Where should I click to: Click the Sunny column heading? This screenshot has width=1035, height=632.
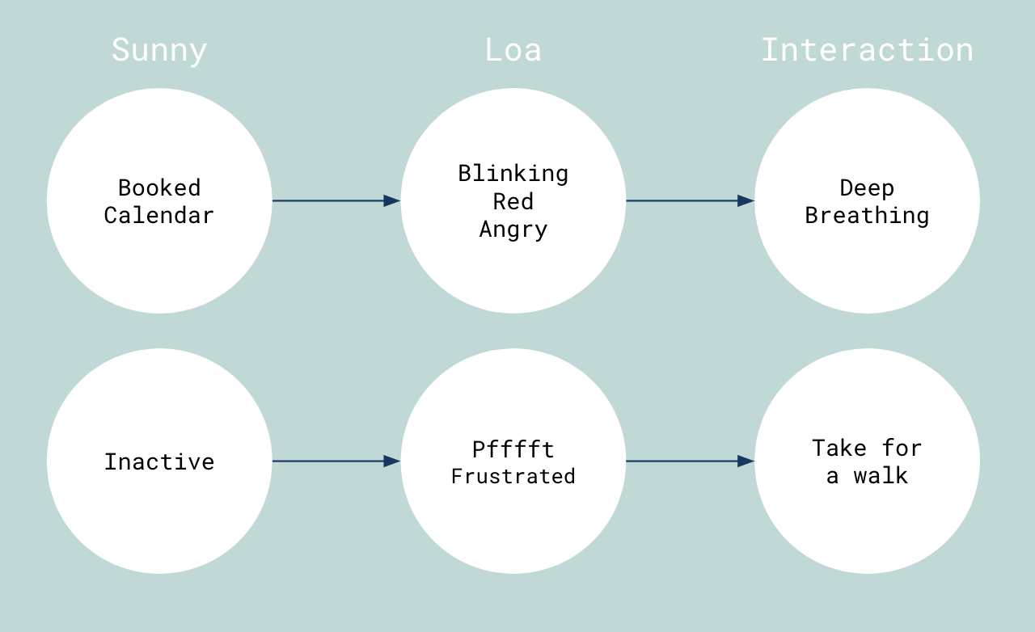pyautogui.click(x=159, y=51)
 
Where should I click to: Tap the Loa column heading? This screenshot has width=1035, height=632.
pyautogui.click(x=513, y=50)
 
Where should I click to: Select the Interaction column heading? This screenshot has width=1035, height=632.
pyautogui.click(x=868, y=50)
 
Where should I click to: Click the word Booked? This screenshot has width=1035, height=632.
pyautogui.click(x=159, y=188)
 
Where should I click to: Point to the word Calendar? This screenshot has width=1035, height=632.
pyautogui.click(x=159, y=216)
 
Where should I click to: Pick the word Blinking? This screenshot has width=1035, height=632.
pyautogui.click(x=513, y=175)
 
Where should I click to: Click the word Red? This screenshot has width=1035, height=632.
pyautogui.click(x=513, y=202)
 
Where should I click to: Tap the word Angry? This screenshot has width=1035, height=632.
pyautogui.click(x=513, y=230)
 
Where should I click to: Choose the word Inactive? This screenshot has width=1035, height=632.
pyautogui.click(x=159, y=462)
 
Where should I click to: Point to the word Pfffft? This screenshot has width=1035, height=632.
pyautogui.click(x=513, y=449)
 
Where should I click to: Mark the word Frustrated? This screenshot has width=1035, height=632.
pyautogui.click(x=513, y=476)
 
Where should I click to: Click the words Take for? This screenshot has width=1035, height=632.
pyautogui.click(x=868, y=448)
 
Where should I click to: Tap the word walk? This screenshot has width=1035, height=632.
pyautogui.click(x=881, y=476)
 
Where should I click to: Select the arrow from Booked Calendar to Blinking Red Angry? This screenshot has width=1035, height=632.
pyautogui.click(x=336, y=201)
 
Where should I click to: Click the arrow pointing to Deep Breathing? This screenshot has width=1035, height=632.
pyautogui.click(x=691, y=201)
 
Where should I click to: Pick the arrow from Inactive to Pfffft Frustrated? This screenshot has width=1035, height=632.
pyautogui.click(x=336, y=461)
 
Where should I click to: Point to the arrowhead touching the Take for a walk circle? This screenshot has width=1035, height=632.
pyautogui.click(x=746, y=461)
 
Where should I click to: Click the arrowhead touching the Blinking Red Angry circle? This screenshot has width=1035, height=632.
pyautogui.click(x=392, y=201)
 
